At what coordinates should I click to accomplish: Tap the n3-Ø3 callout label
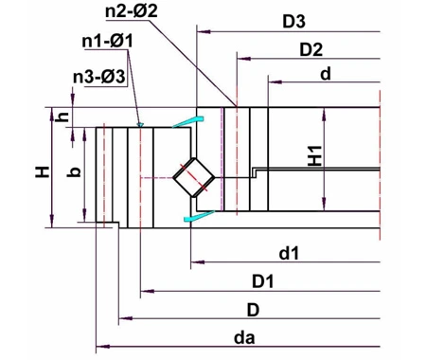coord(98,77)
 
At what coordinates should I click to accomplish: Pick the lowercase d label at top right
coord(325,73)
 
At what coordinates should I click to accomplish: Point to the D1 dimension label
coord(262,281)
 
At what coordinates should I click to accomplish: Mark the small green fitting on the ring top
coord(139,123)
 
